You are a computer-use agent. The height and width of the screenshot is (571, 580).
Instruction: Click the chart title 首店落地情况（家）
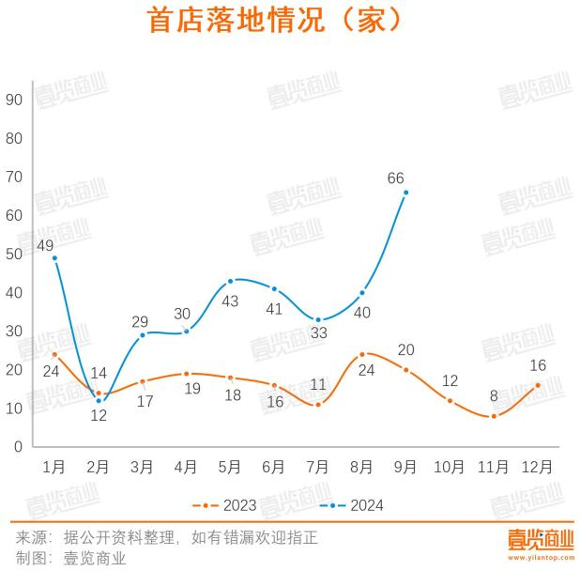(x=276, y=22)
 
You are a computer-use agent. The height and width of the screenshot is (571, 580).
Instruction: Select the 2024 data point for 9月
(x=405, y=193)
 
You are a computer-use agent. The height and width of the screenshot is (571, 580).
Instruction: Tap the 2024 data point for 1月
(x=54, y=257)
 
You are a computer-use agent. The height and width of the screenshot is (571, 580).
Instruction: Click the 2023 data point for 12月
(x=538, y=384)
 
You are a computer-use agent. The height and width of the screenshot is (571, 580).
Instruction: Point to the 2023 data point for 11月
(x=494, y=415)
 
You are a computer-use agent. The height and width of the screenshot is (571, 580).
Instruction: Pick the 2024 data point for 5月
(x=230, y=281)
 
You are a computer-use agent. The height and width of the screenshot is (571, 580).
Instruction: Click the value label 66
(x=395, y=177)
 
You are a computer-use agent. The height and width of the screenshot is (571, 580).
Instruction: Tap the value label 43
(x=230, y=301)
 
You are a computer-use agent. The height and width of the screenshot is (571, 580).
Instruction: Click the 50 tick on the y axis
(x=13, y=254)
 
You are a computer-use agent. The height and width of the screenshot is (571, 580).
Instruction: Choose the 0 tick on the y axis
(x=17, y=446)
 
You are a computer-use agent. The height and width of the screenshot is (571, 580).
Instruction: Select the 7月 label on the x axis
(x=318, y=465)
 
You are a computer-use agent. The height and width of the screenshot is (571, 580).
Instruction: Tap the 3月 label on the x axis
(x=142, y=465)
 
